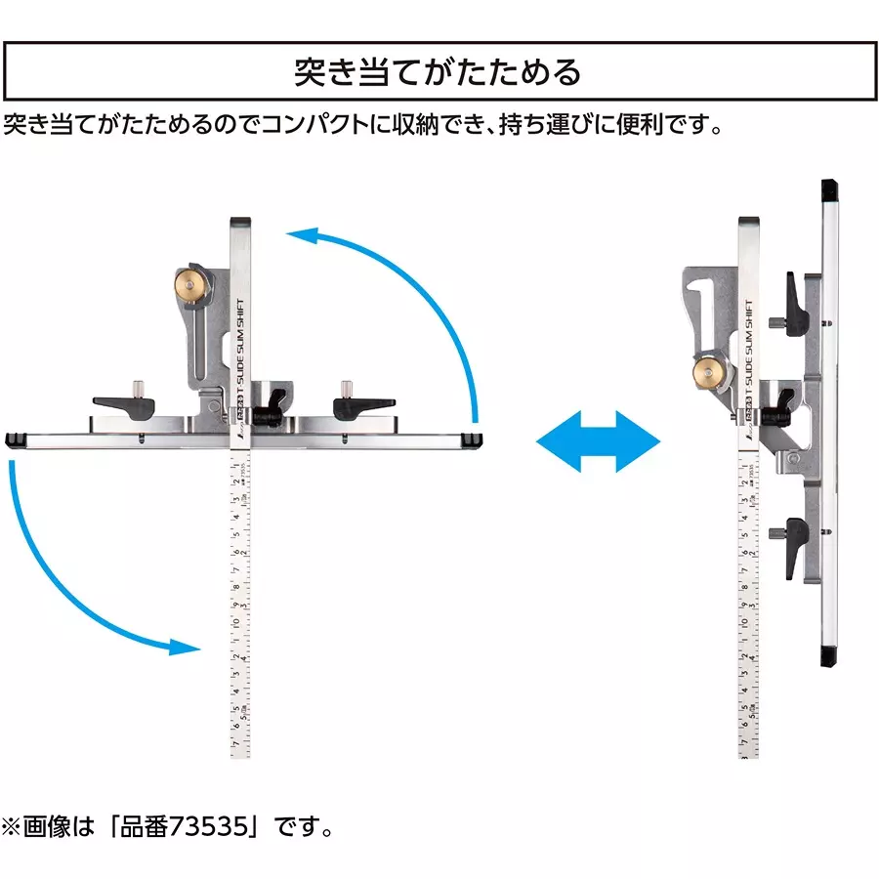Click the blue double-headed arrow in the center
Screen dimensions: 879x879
(599, 440)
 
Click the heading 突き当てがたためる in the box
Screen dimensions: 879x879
(439, 72)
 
